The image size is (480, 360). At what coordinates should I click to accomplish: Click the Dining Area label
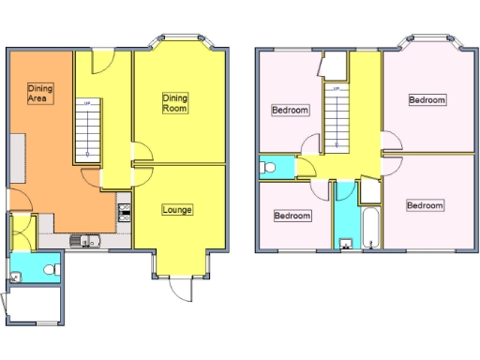(39, 92)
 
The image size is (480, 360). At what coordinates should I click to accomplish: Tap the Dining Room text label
(175, 102)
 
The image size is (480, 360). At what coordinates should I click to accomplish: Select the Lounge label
(176, 209)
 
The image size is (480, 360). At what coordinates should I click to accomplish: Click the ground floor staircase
(86, 128)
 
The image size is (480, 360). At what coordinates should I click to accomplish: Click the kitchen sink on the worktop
(86, 241)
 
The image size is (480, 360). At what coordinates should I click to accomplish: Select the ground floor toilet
(52, 270)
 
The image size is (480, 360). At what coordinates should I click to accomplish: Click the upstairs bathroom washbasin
(344, 245)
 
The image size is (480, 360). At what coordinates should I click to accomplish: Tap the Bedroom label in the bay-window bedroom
(427, 99)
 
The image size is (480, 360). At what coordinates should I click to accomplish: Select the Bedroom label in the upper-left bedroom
(290, 110)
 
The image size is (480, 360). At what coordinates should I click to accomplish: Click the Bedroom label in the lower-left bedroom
(292, 216)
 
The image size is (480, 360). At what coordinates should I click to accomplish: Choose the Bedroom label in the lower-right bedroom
(425, 204)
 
